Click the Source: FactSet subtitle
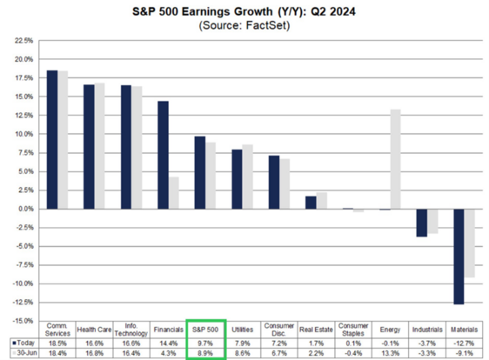[244, 25]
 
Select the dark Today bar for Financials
[163, 155]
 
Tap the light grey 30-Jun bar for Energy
[395, 159]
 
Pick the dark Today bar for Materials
[459, 257]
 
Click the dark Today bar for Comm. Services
[52, 140]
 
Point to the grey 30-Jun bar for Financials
[174, 193]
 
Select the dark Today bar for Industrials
[422, 223]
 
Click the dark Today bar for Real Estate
[311, 203]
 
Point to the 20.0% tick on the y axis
[23, 59]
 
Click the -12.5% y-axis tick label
[23, 303]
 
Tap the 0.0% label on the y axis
[25, 209]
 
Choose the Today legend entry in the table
[23, 343]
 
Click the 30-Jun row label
[24, 353]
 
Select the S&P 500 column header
[205, 330]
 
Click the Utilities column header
[242, 330]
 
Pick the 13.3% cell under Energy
[390, 353]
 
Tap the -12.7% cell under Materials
[465, 343]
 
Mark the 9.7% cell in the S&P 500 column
[205, 343]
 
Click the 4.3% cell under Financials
[169, 353]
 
